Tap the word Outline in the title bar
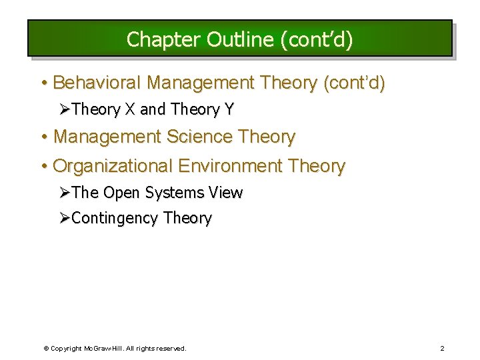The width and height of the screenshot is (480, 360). [239, 40]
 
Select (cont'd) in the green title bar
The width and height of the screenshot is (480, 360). [317, 40]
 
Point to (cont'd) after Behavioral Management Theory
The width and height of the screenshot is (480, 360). [353, 83]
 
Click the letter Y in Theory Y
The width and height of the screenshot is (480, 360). [229, 109]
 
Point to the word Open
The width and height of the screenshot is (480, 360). [121, 193]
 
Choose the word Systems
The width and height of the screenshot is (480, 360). [175, 193]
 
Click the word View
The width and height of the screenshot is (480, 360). [225, 193]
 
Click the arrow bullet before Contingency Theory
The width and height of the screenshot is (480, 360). [65, 218]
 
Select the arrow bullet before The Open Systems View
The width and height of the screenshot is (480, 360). [65, 192]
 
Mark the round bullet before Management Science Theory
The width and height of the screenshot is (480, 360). [44, 137]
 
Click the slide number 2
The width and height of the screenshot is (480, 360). [442, 348]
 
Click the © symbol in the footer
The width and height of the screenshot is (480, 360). [46, 348]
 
